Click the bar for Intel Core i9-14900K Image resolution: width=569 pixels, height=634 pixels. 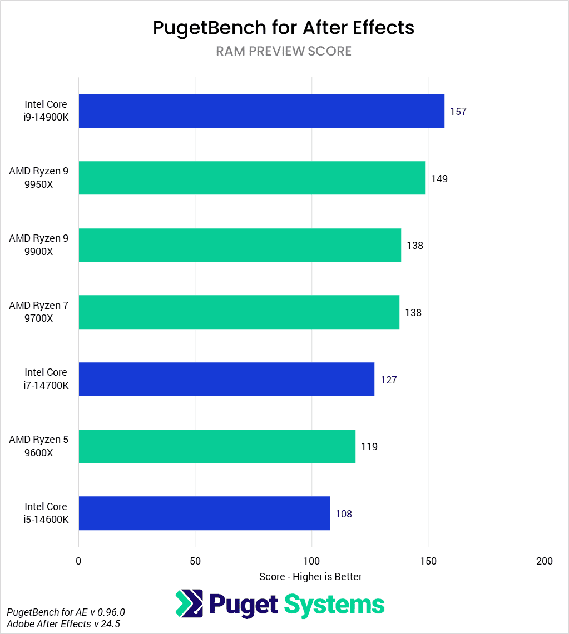(x=261, y=111)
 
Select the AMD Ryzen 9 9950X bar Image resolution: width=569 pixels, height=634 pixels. (x=252, y=178)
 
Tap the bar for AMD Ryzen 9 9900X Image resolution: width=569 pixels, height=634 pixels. (x=240, y=245)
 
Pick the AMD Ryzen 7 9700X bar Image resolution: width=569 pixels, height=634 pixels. (x=239, y=312)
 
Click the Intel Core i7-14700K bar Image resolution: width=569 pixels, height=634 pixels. (x=226, y=380)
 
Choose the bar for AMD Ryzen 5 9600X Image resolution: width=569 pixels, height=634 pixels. (x=217, y=446)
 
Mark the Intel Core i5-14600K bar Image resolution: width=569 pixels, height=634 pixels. (x=204, y=513)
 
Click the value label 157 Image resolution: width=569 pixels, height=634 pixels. (x=458, y=112)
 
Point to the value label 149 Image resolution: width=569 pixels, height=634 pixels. (x=439, y=179)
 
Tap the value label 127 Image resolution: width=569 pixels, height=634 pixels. (x=388, y=380)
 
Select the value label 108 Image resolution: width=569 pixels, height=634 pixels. (x=344, y=514)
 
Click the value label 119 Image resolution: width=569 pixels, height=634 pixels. (x=369, y=447)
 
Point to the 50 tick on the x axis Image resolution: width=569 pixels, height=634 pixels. (x=195, y=561)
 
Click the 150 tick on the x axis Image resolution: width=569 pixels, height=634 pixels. (x=428, y=561)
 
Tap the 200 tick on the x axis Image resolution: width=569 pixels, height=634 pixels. (x=545, y=561)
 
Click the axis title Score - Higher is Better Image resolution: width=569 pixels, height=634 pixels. (x=310, y=577)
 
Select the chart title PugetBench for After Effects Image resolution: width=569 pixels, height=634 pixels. (x=284, y=28)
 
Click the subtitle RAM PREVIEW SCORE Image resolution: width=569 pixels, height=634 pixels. (x=284, y=52)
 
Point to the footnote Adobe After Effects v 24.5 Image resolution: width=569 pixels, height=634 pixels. (x=63, y=624)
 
